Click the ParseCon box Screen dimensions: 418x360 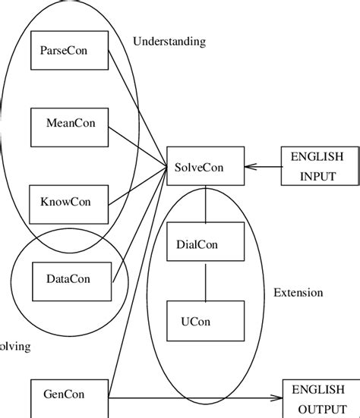[68, 51]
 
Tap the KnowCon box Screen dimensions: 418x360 [68, 203]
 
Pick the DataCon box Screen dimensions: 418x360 [68, 279]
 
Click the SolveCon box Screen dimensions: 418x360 [205, 166]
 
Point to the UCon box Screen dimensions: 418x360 [205, 319]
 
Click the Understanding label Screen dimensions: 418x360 [169, 42]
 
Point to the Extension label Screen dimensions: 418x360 [298, 292]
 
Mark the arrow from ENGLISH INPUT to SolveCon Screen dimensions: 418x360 [263, 167]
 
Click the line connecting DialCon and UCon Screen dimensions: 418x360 [205, 281]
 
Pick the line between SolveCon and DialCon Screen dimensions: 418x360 [205, 203]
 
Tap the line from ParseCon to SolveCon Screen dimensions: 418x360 [137, 108]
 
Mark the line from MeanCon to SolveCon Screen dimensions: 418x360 [137, 146]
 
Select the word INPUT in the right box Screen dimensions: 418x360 [317, 177]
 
